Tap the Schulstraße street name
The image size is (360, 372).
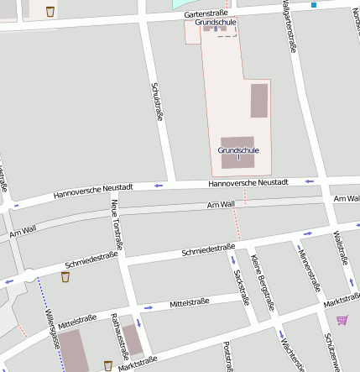pyautogui.click(x=155, y=102)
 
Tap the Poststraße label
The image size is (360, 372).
pyautogui.click(x=227, y=356)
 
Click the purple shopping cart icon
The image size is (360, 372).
pyautogui.click(x=342, y=320)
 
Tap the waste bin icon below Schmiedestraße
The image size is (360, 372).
pyautogui.click(x=65, y=276)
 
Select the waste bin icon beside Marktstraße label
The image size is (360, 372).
pyautogui.click(x=107, y=364)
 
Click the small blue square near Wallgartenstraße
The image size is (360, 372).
pyautogui.click(x=314, y=5)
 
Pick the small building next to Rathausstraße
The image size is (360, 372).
pyautogui.click(x=133, y=335)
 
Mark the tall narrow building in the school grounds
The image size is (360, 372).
pyautogui.click(x=259, y=100)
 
